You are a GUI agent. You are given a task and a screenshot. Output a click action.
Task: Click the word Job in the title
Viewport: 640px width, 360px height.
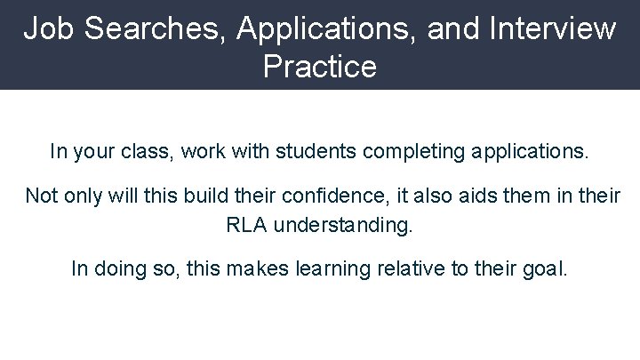pos(45,28)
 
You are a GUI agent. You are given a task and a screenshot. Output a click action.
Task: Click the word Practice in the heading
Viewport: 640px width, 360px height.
pos(320,66)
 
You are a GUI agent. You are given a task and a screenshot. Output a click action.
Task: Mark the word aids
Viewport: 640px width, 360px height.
pos(450,195)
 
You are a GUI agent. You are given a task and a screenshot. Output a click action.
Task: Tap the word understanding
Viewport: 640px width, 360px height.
pos(344,225)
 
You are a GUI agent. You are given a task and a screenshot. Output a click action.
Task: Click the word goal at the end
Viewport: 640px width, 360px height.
pos(545,268)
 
